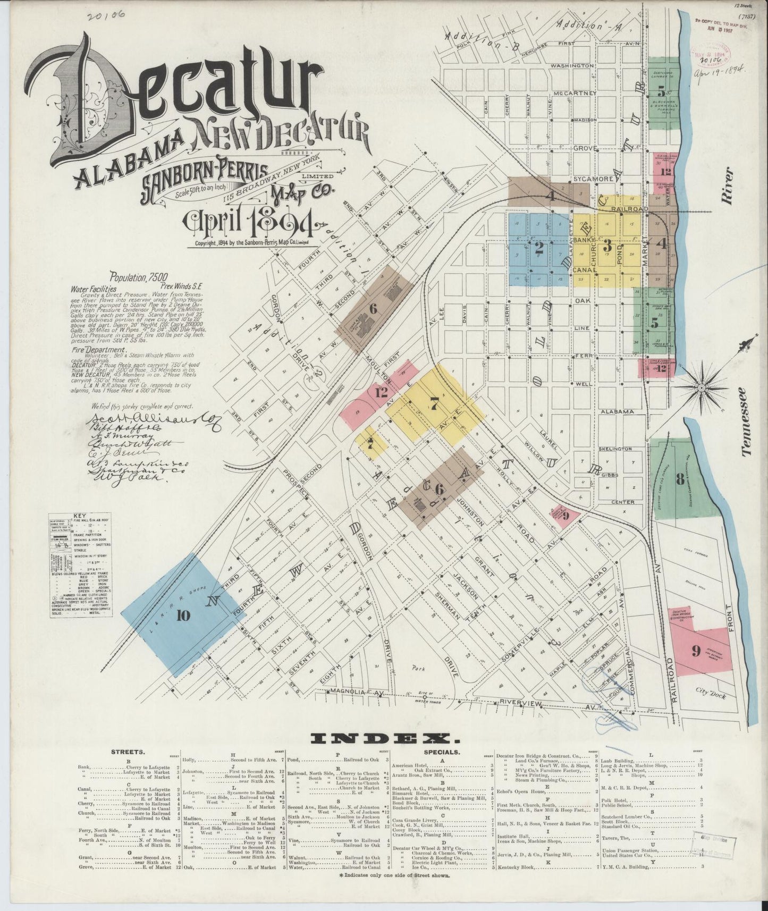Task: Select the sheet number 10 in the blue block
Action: click(x=183, y=616)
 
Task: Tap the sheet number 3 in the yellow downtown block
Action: click(x=606, y=247)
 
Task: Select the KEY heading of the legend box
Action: click(x=80, y=516)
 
